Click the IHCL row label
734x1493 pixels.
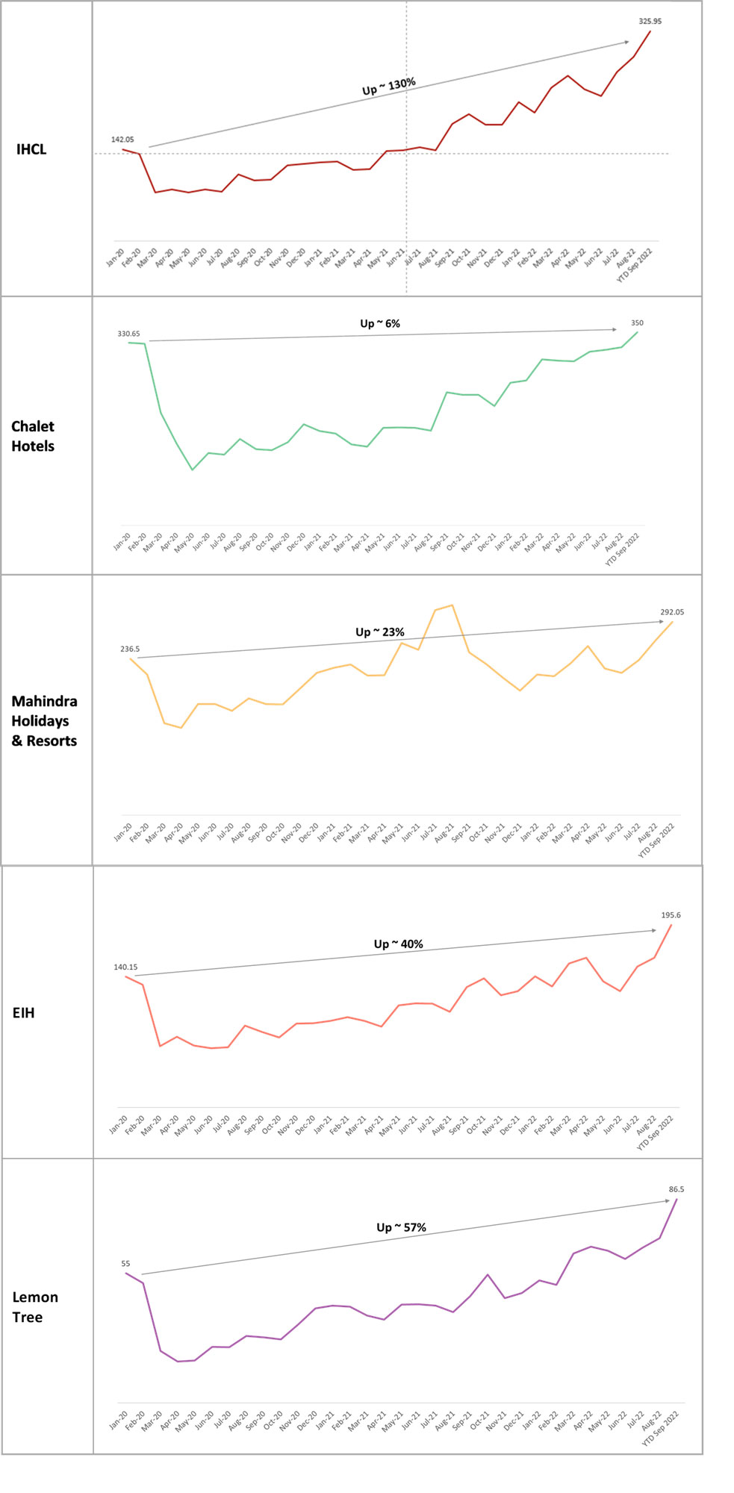pos(31,149)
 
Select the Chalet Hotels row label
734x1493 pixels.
pos(33,436)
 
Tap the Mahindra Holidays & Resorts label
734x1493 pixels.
pos(44,721)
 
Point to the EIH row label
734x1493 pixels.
pos(24,1013)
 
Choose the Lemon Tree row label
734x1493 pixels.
pos(34,1307)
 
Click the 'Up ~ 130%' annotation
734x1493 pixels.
pos(388,87)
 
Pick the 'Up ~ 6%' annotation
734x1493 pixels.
pos(380,323)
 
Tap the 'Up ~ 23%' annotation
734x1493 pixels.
pos(380,632)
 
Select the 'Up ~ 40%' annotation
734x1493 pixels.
pos(398,944)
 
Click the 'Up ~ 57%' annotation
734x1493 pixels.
pos(401,1227)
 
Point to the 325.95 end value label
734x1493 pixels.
pos(650,22)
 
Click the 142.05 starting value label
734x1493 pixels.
pos(122,140)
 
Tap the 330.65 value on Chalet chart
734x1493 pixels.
pos(128,334)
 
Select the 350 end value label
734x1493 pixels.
pos(637,323)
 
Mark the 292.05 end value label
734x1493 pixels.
pos(671,612)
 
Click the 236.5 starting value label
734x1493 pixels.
pos(130,649)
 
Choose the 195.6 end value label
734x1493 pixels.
pos(671,915)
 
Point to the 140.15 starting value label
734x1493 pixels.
pos(125,967)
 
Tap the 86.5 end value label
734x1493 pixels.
pos(676,1189)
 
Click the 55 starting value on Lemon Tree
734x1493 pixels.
pos(125,1264)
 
